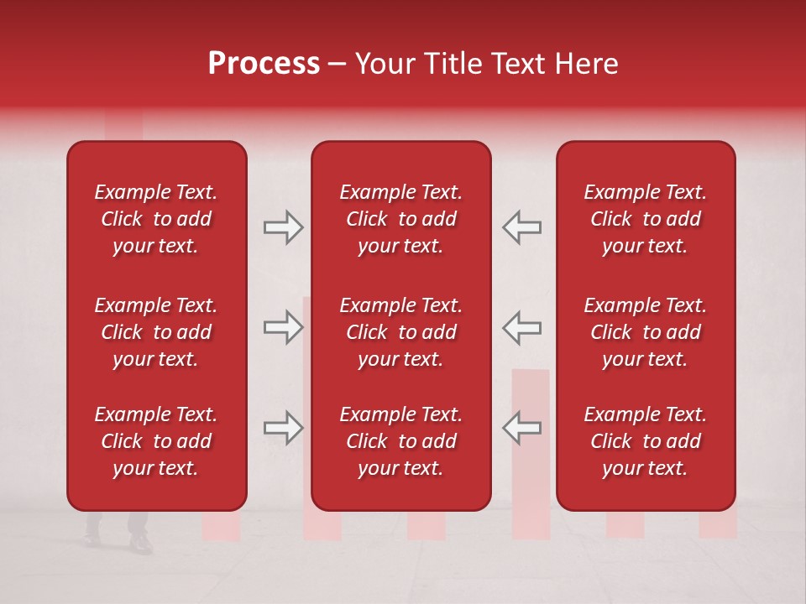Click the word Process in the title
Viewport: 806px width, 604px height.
(x=264, y=64)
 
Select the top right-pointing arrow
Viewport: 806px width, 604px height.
(x=283, y=227)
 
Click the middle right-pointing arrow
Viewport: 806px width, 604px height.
(x=283, y=327)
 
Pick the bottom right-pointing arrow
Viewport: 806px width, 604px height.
(x=283, y=428)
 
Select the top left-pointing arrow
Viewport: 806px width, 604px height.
(x=522, y=227)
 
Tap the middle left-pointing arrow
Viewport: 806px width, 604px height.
(x=522, y=327)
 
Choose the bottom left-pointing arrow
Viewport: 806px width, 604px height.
(x=522, y=428)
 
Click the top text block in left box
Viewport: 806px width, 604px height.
(x=156, y=219)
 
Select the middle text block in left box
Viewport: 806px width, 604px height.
(x=156, y=332)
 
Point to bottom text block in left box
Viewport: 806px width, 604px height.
(x=156, y=441)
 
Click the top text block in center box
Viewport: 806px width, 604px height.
(x=400, y=219)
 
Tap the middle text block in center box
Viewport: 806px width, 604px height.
(x=400, y=332)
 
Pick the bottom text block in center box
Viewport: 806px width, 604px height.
(x=400, y=441)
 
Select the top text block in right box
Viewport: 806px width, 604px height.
(x=645, y=219)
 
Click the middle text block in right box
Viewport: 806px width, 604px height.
(x=645, y=332)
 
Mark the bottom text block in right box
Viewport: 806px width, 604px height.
(x=645, y=441)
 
